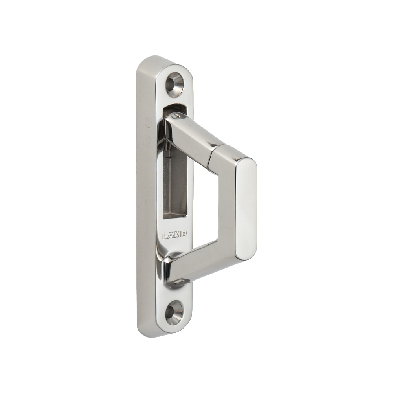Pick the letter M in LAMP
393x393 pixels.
pos(178,235)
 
